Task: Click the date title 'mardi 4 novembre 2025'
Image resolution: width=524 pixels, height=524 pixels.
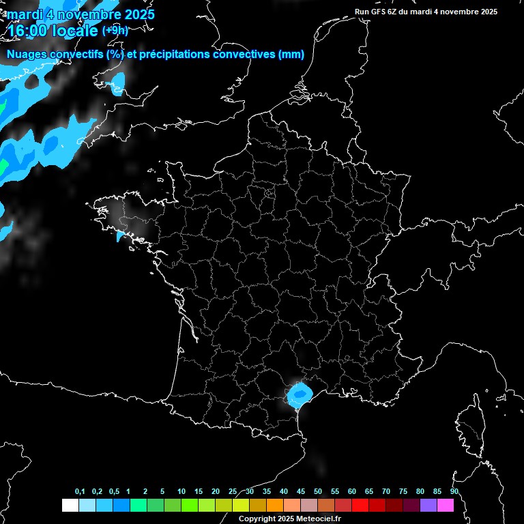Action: click(x=81, y=14)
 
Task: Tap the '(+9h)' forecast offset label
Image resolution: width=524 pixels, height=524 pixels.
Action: click(x=115, y=30)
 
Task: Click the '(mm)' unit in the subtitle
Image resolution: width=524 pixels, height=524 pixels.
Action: click(x=291, y=55)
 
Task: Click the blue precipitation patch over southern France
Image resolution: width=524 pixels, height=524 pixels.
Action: click(x=299, y=394)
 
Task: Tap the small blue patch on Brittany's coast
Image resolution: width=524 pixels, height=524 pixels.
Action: click(x=120, y=235)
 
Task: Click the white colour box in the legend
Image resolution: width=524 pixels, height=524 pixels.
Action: click(x=70, y=506)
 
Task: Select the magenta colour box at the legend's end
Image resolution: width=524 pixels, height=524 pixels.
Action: click(x=446, y=506)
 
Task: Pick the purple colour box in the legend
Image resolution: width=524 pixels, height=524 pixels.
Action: click(x=428, y=506)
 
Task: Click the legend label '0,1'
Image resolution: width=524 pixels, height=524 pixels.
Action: click(x=80, y=492)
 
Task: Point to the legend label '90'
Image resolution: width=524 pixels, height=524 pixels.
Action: click(x=454, y=492)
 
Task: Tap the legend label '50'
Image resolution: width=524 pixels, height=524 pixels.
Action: click(x=318, y=492)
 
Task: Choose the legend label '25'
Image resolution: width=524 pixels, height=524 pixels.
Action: click(x=233, y=492)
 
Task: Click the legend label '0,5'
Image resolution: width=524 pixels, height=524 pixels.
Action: click(x=114, y=492)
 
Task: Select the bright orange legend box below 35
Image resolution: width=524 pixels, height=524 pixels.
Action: click(x=275, y=506)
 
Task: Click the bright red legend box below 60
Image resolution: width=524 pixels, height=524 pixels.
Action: click(x=360, y=506)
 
